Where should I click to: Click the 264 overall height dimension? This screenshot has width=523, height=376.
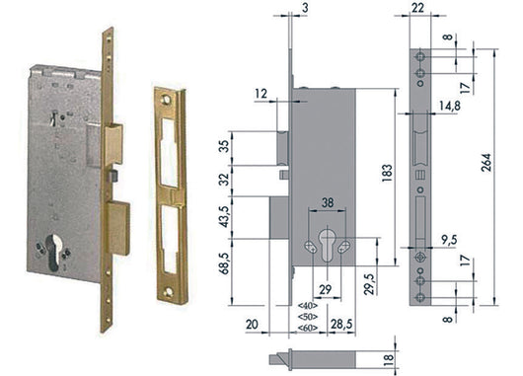486,163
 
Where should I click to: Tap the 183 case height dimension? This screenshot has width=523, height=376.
387,173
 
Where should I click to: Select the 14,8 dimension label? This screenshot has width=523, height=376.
450,106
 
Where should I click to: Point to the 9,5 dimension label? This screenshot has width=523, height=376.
449,240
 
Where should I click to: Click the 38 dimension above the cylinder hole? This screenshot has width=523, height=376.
328,202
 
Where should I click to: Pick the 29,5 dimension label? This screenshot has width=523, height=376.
369,284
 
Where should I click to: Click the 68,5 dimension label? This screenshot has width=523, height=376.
224,263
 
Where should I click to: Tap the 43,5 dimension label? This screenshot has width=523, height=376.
224,217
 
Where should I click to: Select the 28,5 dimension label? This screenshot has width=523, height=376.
341,324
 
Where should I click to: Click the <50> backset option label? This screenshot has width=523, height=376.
308,316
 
